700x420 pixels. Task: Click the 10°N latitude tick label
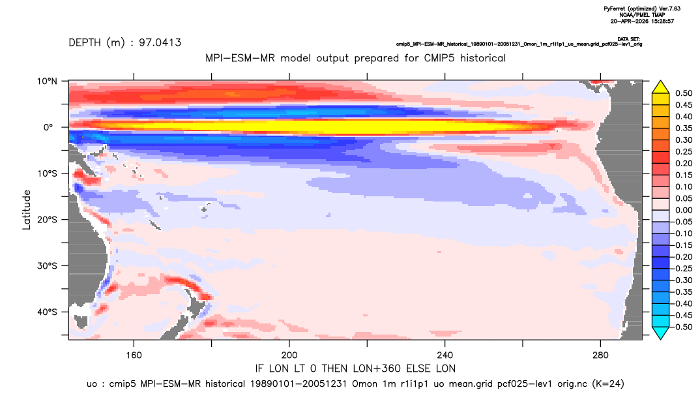pyautogui.click(x=48, y=81)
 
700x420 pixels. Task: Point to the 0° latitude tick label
pyautogui.click(x=49, y=127)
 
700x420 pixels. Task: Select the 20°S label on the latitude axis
pyautogui.click(x=47, y=220)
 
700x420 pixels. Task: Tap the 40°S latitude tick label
pyautogui.click(x=47, y=312)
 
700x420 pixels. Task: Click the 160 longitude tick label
pyautogui.click(x=134, y=355)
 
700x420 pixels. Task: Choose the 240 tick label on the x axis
pyautogui.click(x=445, y=355)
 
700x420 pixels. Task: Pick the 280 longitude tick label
pyautogui.click(x=600, y=355)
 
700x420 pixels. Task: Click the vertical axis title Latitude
pyautogui.click(x=27, y=210)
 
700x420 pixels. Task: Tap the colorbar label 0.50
pyautogui.click(x=684, y=93)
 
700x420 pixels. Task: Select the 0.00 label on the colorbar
pyautogui.click(x=684, y=210)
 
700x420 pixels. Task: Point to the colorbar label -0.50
pyautogui.click(x=682, y=327)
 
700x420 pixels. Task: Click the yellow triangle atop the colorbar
pyautogui.click(x=661, y=87)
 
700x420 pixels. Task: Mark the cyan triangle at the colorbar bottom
pyautogui.click(x=661, y=333)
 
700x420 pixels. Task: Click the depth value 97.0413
pyautogui.click(x=160, y=42)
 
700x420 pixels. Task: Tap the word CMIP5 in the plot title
pyautogui.click(x=442, y=58)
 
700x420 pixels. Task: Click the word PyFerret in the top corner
pyautogui.click(x=615, y=9)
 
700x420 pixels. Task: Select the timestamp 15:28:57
pyautogui.click(x=661, y=21)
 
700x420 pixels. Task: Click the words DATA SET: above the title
pyautogui.click(x=629, y=39)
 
